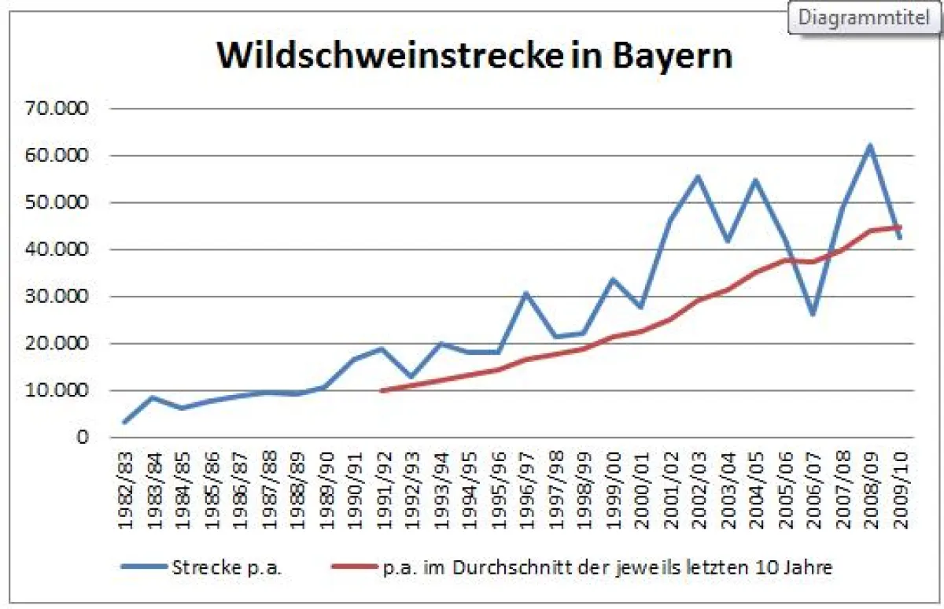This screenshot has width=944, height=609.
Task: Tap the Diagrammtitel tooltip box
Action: pyautogui.click(x=863, y=17)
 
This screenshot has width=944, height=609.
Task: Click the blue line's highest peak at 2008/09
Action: pyautogui.click(x=869, y=145)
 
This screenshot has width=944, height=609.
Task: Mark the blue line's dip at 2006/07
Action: pyautogui.click(x=812, y=314)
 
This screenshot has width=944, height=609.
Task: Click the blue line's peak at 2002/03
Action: pyautogui.click(x=697, y=176)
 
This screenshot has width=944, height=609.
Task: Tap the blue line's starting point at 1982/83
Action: pyautogui.click(x=125, y=422)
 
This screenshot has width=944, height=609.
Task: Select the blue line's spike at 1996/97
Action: pyautogui.click(x=525, y=293)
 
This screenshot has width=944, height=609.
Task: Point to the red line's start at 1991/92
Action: pyautogui.click(x=382, y=390)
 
